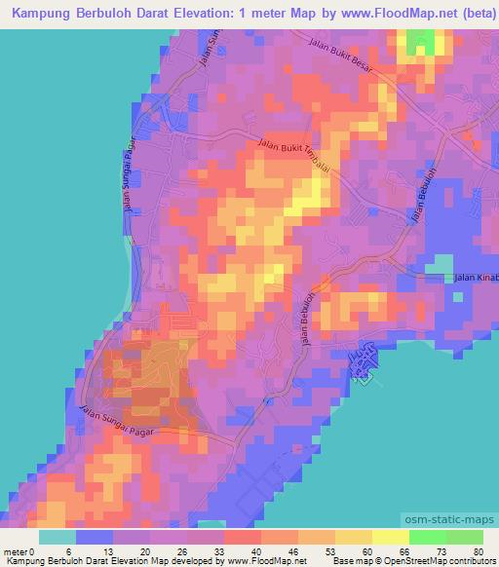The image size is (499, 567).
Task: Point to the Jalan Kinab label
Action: pyautogui.click(x=477, y=279)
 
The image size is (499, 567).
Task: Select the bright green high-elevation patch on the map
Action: pyautogui.click(x=422, y=43)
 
